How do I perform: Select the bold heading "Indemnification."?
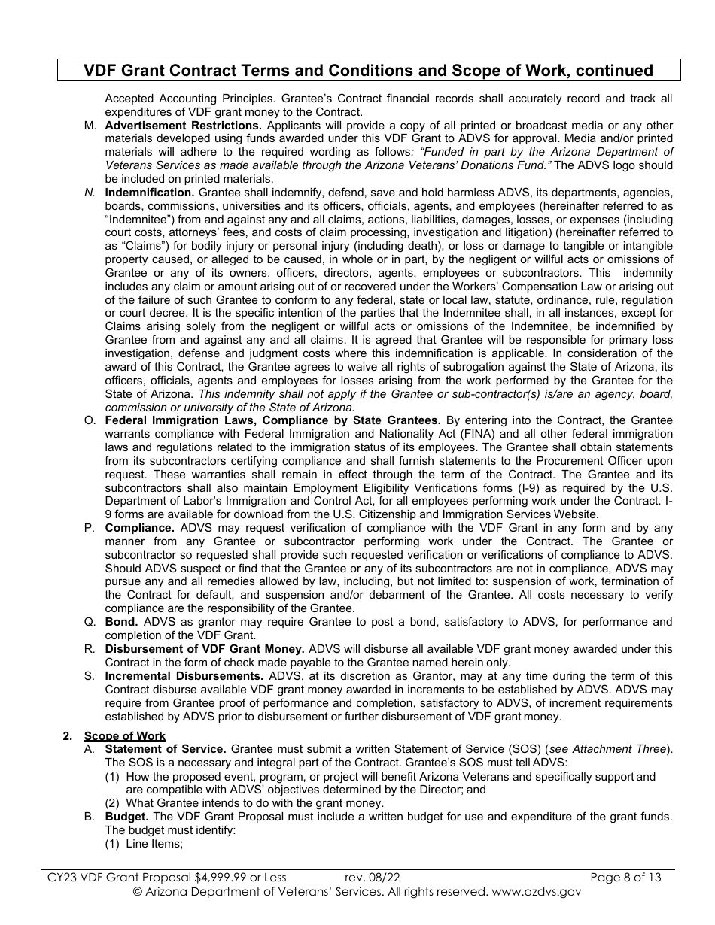tap(150, 192)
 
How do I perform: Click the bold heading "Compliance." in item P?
tap(139, 528)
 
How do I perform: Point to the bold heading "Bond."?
tap(121, 622)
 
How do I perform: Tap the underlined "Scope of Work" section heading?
tap(125, 736)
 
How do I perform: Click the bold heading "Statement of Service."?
tap(166, 749)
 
